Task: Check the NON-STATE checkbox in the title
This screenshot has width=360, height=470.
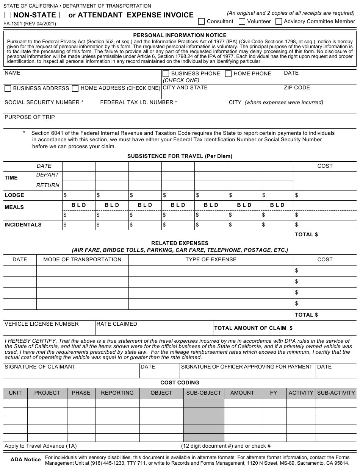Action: click(x=8, y=15)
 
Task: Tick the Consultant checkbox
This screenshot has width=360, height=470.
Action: click(x=202, y=22)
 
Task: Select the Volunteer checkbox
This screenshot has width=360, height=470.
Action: click(x=242, y=22)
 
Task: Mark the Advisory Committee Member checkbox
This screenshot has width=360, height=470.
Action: click(x=279, y=22)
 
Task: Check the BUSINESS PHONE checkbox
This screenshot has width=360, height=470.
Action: click(x=166, y=74)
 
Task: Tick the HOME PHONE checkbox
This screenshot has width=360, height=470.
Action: click(x=228, y=74)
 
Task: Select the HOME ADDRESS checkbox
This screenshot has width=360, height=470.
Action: click(x=75, y=88)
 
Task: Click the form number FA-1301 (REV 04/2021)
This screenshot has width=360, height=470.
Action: click(x=30, y=23)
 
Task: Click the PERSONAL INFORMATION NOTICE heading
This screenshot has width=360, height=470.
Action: click(x=180, y=35)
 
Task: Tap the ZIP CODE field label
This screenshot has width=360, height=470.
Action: click(x=297, y=87)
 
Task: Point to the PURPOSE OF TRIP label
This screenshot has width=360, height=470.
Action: click(x=30, y=117)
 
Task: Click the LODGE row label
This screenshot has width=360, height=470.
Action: click(x=14, y=195)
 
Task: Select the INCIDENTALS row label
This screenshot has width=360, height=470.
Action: click(x=23, y=225)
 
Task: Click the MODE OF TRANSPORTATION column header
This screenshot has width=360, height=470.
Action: click(x=82, y=259)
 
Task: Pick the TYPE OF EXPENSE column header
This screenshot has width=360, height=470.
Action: click(x=211, y=259)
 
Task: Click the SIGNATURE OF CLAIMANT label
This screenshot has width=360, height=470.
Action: click(x=40, y=367)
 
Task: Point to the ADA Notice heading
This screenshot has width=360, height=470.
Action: click(x=25, y=459)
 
